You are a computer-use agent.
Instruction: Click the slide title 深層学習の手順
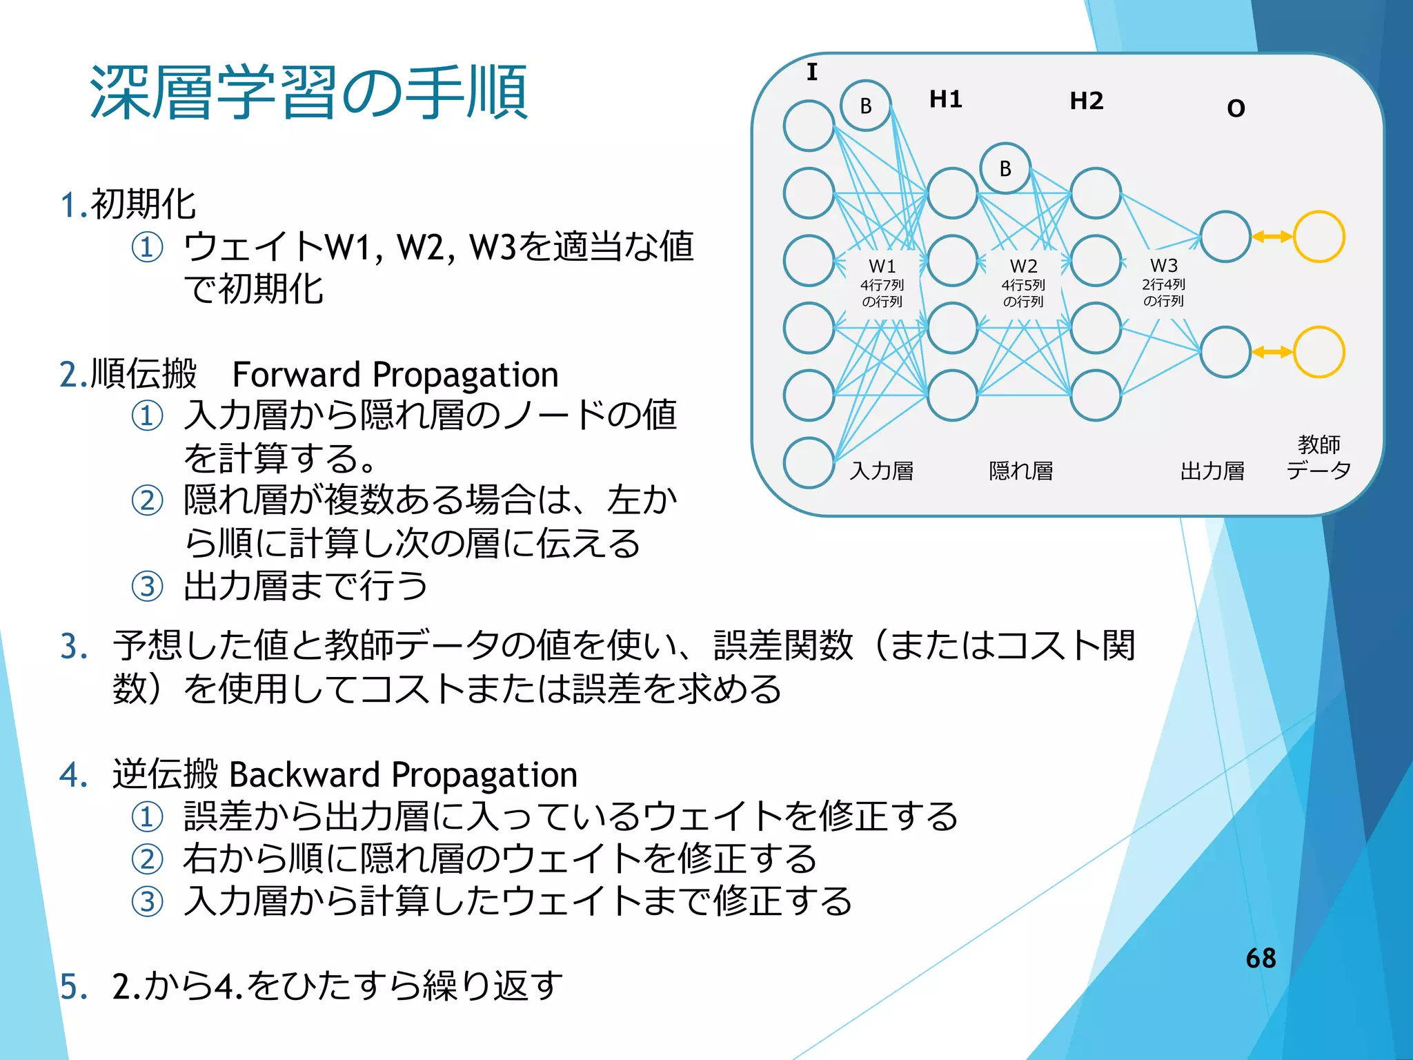(308, 92)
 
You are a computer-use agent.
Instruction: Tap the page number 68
(1261, 958)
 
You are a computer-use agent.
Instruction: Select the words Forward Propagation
(395, 375)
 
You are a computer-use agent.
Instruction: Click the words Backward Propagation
(403, 774)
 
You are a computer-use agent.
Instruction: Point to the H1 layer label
(945, 99)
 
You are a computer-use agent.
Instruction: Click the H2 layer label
(1086, 101)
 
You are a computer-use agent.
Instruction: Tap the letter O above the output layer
(1236, 108)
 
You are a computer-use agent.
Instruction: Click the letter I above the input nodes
(812, 72)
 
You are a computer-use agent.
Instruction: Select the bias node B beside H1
(865, 106)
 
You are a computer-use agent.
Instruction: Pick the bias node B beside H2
(1005, 168)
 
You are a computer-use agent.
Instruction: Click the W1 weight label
(882, 266)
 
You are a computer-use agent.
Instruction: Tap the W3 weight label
(1163, 266)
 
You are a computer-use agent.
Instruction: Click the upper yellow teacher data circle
(1318, 237)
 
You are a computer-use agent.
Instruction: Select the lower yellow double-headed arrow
(1272, 352)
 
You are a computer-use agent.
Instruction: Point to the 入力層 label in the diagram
(881, 471)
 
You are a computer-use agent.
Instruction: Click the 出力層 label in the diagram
(1212, 471)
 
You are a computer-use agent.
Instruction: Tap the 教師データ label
(1318, 457)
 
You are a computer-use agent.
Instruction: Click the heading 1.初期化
(128, 204)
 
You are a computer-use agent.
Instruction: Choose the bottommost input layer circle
(809, 462)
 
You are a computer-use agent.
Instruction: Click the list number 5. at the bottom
(73, 986)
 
